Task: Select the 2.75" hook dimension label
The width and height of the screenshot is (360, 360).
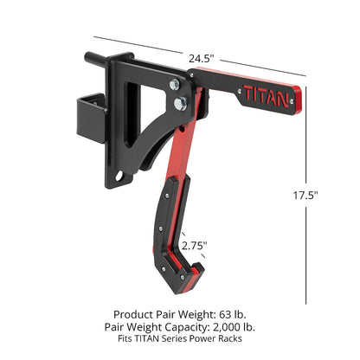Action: coord(195,246)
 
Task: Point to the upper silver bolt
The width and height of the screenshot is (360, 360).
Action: coord(176,85)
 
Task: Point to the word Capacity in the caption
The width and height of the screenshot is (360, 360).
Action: coord(181,327)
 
